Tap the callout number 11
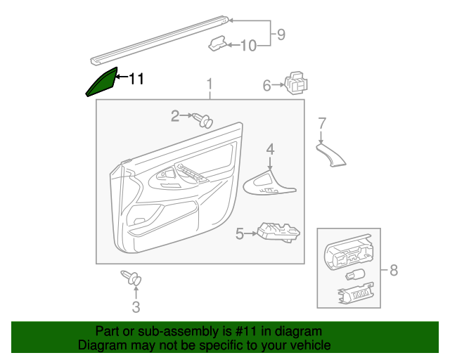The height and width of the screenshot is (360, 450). point(136,79)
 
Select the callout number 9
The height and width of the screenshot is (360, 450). point(281,34)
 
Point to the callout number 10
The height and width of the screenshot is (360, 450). point(248,46)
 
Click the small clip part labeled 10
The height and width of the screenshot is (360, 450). point(217,44)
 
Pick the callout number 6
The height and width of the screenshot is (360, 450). point(267,86)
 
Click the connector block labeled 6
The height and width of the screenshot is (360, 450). point(296,83)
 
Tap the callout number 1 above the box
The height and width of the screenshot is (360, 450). point(210,84)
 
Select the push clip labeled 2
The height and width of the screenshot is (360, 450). point(203,120)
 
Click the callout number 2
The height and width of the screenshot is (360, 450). point(175,116)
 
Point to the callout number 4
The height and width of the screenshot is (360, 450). point(270,150)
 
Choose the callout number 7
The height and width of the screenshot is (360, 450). point(322,124)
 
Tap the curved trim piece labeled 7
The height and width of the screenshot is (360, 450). point(331,155)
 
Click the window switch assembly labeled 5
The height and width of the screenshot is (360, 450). point(278,233)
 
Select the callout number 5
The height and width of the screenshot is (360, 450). point(240,234)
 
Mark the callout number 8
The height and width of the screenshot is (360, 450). point(394,270)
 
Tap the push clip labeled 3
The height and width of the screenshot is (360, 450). point(131,278)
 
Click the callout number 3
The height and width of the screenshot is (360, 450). point(136,307)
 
